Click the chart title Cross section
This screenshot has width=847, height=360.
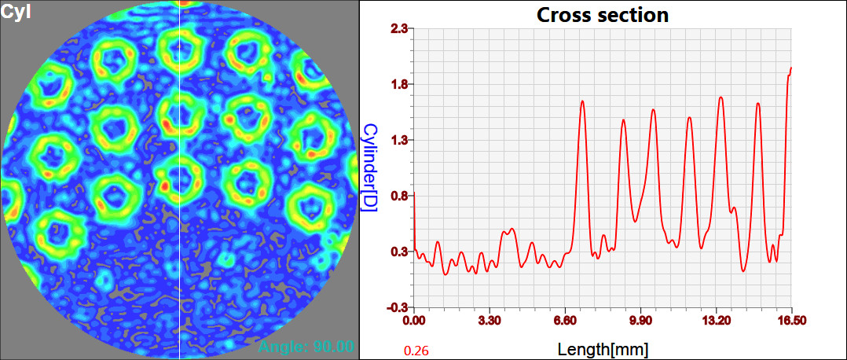(603, 14)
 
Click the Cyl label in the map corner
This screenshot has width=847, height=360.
(16, 13)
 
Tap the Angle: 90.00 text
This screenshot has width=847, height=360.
(307, 347)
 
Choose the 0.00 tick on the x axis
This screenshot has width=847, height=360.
(414, 321)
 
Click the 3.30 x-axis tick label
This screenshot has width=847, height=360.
(489, 321)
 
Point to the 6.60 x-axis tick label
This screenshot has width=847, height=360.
(565, 321)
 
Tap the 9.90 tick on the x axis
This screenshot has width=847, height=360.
(640, 321)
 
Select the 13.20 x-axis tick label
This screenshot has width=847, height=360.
(716, 321)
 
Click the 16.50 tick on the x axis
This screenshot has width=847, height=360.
(790, 321)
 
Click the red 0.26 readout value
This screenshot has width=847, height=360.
(416, 350)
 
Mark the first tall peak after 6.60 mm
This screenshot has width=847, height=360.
(582, 101)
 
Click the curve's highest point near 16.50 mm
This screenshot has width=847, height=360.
(790, 68)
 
